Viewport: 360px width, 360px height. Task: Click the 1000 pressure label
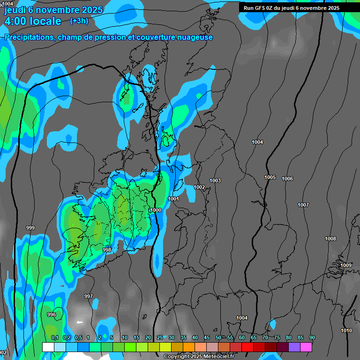[x=156, y=210]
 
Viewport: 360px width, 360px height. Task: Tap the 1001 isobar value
[x=173, y=199]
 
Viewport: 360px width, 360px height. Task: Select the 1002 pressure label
[x=199, y=187]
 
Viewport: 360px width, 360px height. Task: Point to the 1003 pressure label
[x=215, y=181]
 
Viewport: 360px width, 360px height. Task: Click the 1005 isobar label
[x=270, y=177]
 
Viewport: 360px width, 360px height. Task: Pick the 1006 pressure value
[x=287, y=179]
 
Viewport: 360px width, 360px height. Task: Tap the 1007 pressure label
[x=303, y=205]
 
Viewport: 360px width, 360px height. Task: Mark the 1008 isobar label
[x=330, y=239]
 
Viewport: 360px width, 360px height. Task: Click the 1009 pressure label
[x=346, y=266]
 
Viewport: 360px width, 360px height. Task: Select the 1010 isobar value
[x=346, y=330]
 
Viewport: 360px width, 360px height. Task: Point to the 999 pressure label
[x=30, y=228]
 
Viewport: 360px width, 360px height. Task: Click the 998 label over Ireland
[x=107, y=250]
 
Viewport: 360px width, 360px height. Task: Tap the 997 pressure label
[x=89, y=296]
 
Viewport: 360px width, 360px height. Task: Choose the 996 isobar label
[x=52, y=315]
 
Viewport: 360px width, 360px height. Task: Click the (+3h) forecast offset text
[x=79, y=21]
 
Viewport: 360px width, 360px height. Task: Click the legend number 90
[x=312, y=337]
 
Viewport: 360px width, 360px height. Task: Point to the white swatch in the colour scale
[x=48, y=347]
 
